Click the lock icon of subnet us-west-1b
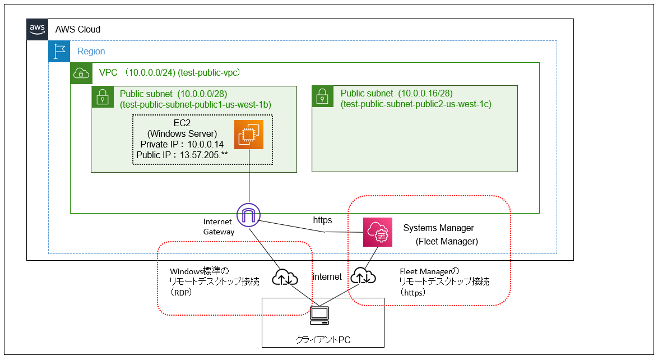(102, 96)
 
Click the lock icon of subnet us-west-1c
(322, 96)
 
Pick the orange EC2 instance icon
(249, 135)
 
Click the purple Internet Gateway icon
(249, 214)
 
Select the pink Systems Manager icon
(377, 232)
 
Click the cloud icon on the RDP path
(285, 277)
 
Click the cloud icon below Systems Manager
(364, 276)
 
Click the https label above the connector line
(322, 220)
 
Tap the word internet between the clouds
(327, 276)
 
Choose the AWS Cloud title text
(78, 29)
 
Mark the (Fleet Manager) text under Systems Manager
(447, 242)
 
